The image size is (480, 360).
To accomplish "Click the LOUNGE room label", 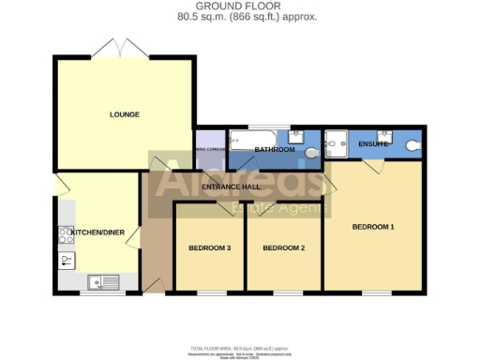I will point(124,114).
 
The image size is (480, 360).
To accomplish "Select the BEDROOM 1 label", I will point(373,227).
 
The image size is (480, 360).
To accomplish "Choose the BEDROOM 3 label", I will point(210,247).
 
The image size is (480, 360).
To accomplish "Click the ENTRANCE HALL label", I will point(231,187).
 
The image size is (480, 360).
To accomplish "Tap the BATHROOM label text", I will point(275,150).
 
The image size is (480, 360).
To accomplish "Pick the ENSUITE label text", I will point(373,144).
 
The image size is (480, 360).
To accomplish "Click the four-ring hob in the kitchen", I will point(66,237).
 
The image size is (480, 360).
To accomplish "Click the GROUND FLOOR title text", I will point(238,7).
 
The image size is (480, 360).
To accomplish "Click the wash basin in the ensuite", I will point(384,133).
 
